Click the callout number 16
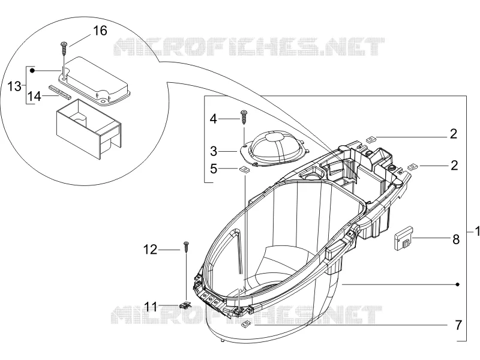pos(100,31)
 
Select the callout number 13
pos(14,86)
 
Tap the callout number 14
pos(34,97)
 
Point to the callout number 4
pos(214,119)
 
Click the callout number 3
pos(214,151)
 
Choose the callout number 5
pos(214,169)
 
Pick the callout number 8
pos(456,239)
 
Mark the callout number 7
pos(458,325)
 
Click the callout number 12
pos(151,250)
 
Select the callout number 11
pos(151,306)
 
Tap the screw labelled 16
pos(64,47)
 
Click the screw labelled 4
pos(244,116)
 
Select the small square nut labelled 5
pos(244,169)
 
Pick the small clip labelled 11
pos(184,305)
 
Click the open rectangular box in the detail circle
pos(89,128)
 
